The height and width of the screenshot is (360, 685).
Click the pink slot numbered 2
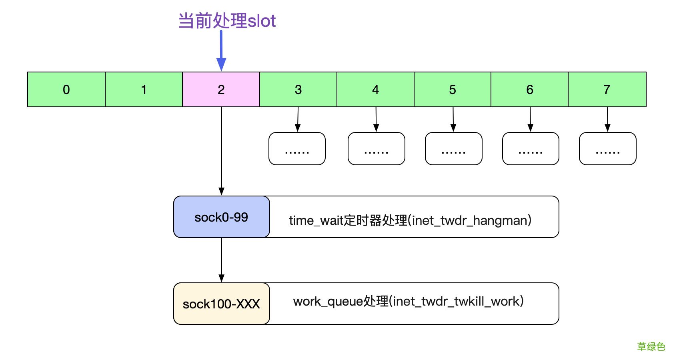[221, 90]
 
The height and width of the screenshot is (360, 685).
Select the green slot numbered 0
[66, 90]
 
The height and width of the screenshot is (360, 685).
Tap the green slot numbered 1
[144, 90]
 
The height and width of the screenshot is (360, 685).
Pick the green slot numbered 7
[607, 90]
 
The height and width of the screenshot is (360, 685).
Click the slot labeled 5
[453, 90]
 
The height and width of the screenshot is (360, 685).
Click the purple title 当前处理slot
[227, 21]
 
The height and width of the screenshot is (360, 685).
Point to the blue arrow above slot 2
[221, 50]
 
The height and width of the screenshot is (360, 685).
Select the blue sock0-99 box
[221, 217]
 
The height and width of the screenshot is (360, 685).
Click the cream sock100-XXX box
[221, 304]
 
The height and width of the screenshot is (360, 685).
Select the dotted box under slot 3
[297, 149]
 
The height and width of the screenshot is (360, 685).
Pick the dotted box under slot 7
[607, 149]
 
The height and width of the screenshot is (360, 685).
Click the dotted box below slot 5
[453, 149]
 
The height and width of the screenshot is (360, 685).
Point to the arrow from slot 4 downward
[376, 119]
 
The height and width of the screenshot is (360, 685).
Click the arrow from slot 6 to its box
[530, 119]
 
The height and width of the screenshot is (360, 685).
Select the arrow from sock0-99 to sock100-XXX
[221, 259]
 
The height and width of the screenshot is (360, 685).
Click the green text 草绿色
[651, 346]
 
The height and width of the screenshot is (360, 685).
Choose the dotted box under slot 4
[376, 149]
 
